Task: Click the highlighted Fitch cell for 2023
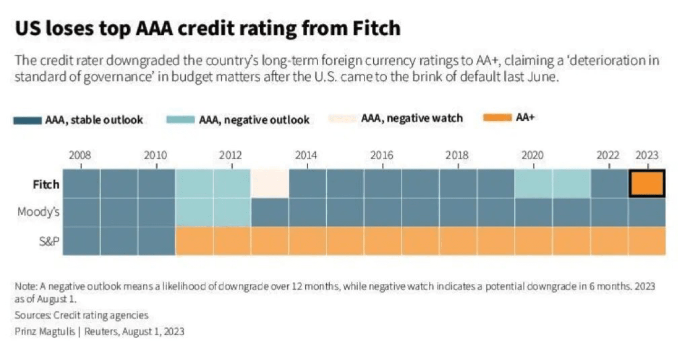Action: (646, 184)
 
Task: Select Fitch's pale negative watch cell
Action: (270, 184)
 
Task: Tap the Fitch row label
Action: (46, 184)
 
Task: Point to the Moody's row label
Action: (39, 212)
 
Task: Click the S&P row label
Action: (49, 240)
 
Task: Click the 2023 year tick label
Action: (646, 155)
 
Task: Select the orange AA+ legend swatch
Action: (497, 118)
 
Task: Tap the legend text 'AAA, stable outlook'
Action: (94, 120)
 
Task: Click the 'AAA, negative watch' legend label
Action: (412, 118)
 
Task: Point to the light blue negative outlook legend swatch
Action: (179, 119)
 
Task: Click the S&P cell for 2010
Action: (157, 240)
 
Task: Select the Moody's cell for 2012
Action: (232, 212)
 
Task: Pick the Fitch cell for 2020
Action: (533, 184)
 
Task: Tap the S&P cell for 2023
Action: (646, 240)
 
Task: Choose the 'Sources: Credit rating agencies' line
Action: (82, 315)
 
